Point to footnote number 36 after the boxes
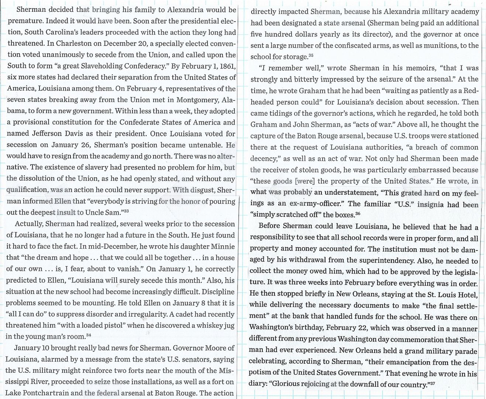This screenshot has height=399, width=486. (x=358, y=213)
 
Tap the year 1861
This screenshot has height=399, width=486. (x=225, y=66)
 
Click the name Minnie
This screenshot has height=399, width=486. (x=223, y=246)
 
